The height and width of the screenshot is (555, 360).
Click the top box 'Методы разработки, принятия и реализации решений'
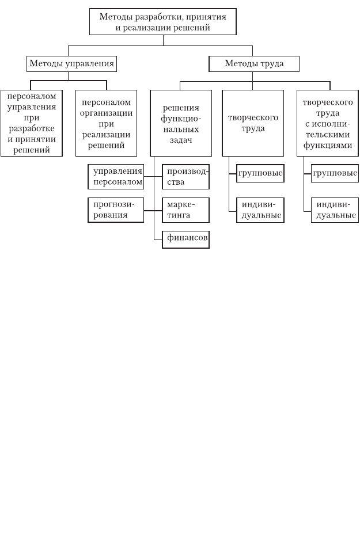[x=163, y=22]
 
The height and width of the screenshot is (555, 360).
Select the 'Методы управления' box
[x=71, y=64]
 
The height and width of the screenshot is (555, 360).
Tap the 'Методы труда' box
[x=254, y=64]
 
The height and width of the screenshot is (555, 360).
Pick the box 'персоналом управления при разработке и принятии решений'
[x=32, y=123]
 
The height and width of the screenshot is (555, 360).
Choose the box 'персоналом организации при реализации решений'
[x=106, y=123]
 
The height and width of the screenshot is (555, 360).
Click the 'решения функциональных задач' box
[x=181, y=123]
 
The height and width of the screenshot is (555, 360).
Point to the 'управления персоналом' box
[x=116, y=177]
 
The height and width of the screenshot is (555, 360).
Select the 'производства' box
[x=186, y=177]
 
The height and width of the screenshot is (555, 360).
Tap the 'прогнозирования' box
[x=116, y=210]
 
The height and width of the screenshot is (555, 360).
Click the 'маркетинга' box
[x=186, y=210]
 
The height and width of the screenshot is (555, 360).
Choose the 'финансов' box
[x=186, y=240]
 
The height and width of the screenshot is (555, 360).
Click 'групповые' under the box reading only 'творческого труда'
[x=260, y=173]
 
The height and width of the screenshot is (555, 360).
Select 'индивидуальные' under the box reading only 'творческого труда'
[x=260, y=210]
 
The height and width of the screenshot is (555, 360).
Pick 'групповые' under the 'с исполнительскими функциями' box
[x=335, y=173]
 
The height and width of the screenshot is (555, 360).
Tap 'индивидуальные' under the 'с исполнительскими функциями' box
[x=335, y=210]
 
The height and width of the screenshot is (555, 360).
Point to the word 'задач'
[x=181, y=140]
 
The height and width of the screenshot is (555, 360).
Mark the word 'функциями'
[x=328, y=146]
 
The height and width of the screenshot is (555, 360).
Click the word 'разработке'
[x=32, y=128]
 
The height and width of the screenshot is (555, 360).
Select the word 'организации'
[x=106, y=113]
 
